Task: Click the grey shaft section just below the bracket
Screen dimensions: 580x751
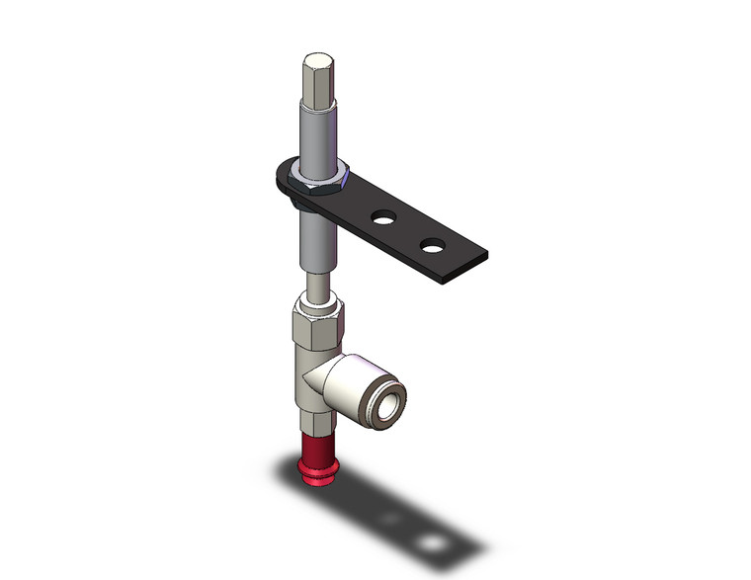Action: coord(318,237)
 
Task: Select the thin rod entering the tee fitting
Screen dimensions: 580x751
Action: coord(317,287)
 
